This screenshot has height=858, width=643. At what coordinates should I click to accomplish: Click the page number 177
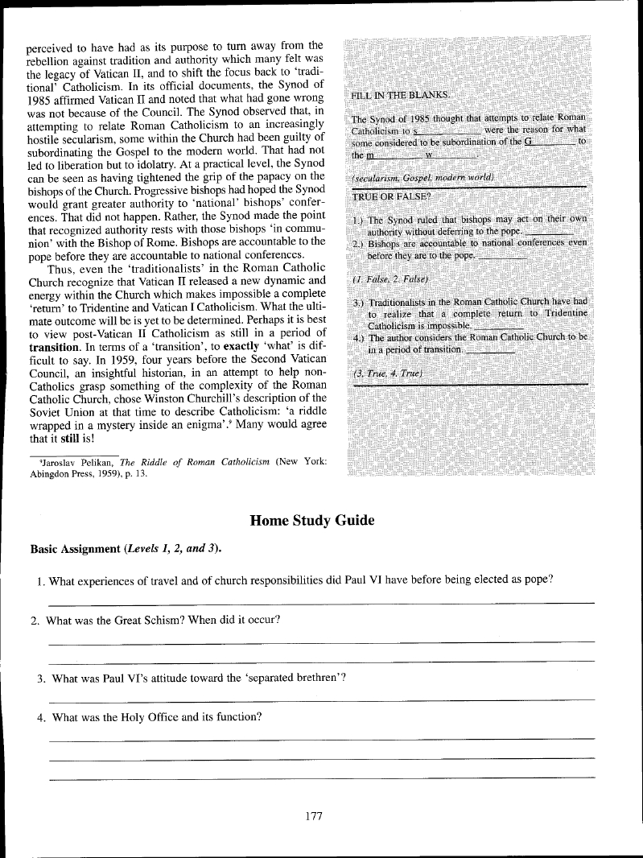pyautogui.click(x=314, y=815)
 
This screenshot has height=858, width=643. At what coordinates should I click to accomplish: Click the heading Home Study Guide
pyautogui.click(x=313, y=520)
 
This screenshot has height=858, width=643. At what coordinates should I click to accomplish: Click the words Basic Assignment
pyautogui.click(x=74, y=549)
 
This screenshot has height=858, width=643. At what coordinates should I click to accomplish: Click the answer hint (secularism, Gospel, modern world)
pyautogui.click(x=422, y=176)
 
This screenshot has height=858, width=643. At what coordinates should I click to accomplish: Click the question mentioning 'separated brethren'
pyautogui.click(x=191, y=678)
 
